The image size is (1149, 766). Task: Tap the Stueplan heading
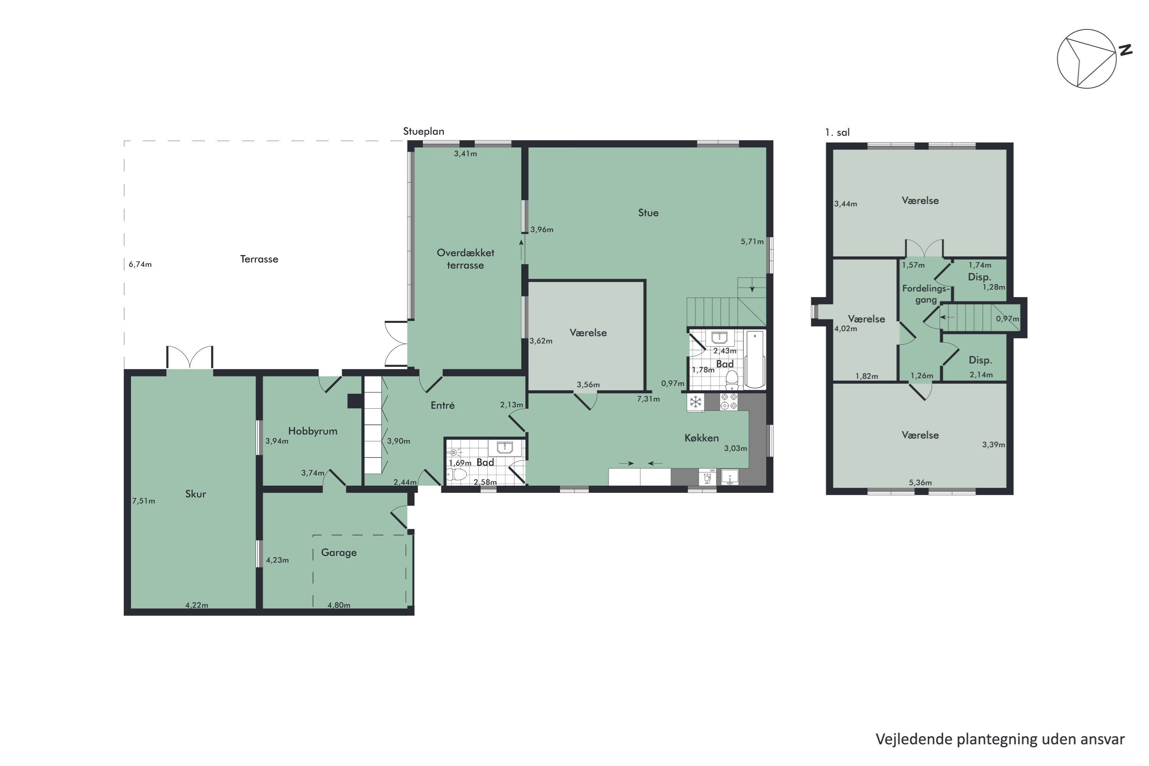click(x=424, y=131)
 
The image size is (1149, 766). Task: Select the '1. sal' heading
click(x=837, y=133)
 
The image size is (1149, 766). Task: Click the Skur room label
click(x=195, y=494)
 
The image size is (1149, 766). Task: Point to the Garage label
click(x=339, y=553)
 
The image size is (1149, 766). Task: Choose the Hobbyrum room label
click(x=313, y=431)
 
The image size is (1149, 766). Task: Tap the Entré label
click(x=443, y=405)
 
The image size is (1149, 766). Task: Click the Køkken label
click(x=702, y=438)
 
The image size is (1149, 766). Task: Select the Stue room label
click(x=648, y=213)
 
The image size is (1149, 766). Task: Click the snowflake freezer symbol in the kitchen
click(x=695, y=402)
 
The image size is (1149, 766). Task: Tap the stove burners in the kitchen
click(x=729, y=401)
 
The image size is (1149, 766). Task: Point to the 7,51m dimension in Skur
click(x=144, y=501)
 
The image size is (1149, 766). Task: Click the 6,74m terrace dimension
click(x=140, y=264)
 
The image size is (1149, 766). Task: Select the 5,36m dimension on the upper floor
click(x=920, y=483)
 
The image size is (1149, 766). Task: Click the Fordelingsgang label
click(x=926, y=294)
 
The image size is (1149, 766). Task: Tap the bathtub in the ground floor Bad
click(x=755, y=359)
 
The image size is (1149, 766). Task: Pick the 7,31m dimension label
click(x=648, y=399)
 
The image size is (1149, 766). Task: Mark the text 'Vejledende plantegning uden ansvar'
click(x=1000, y=739)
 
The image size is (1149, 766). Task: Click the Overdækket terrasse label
click(x=466, y=259)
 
